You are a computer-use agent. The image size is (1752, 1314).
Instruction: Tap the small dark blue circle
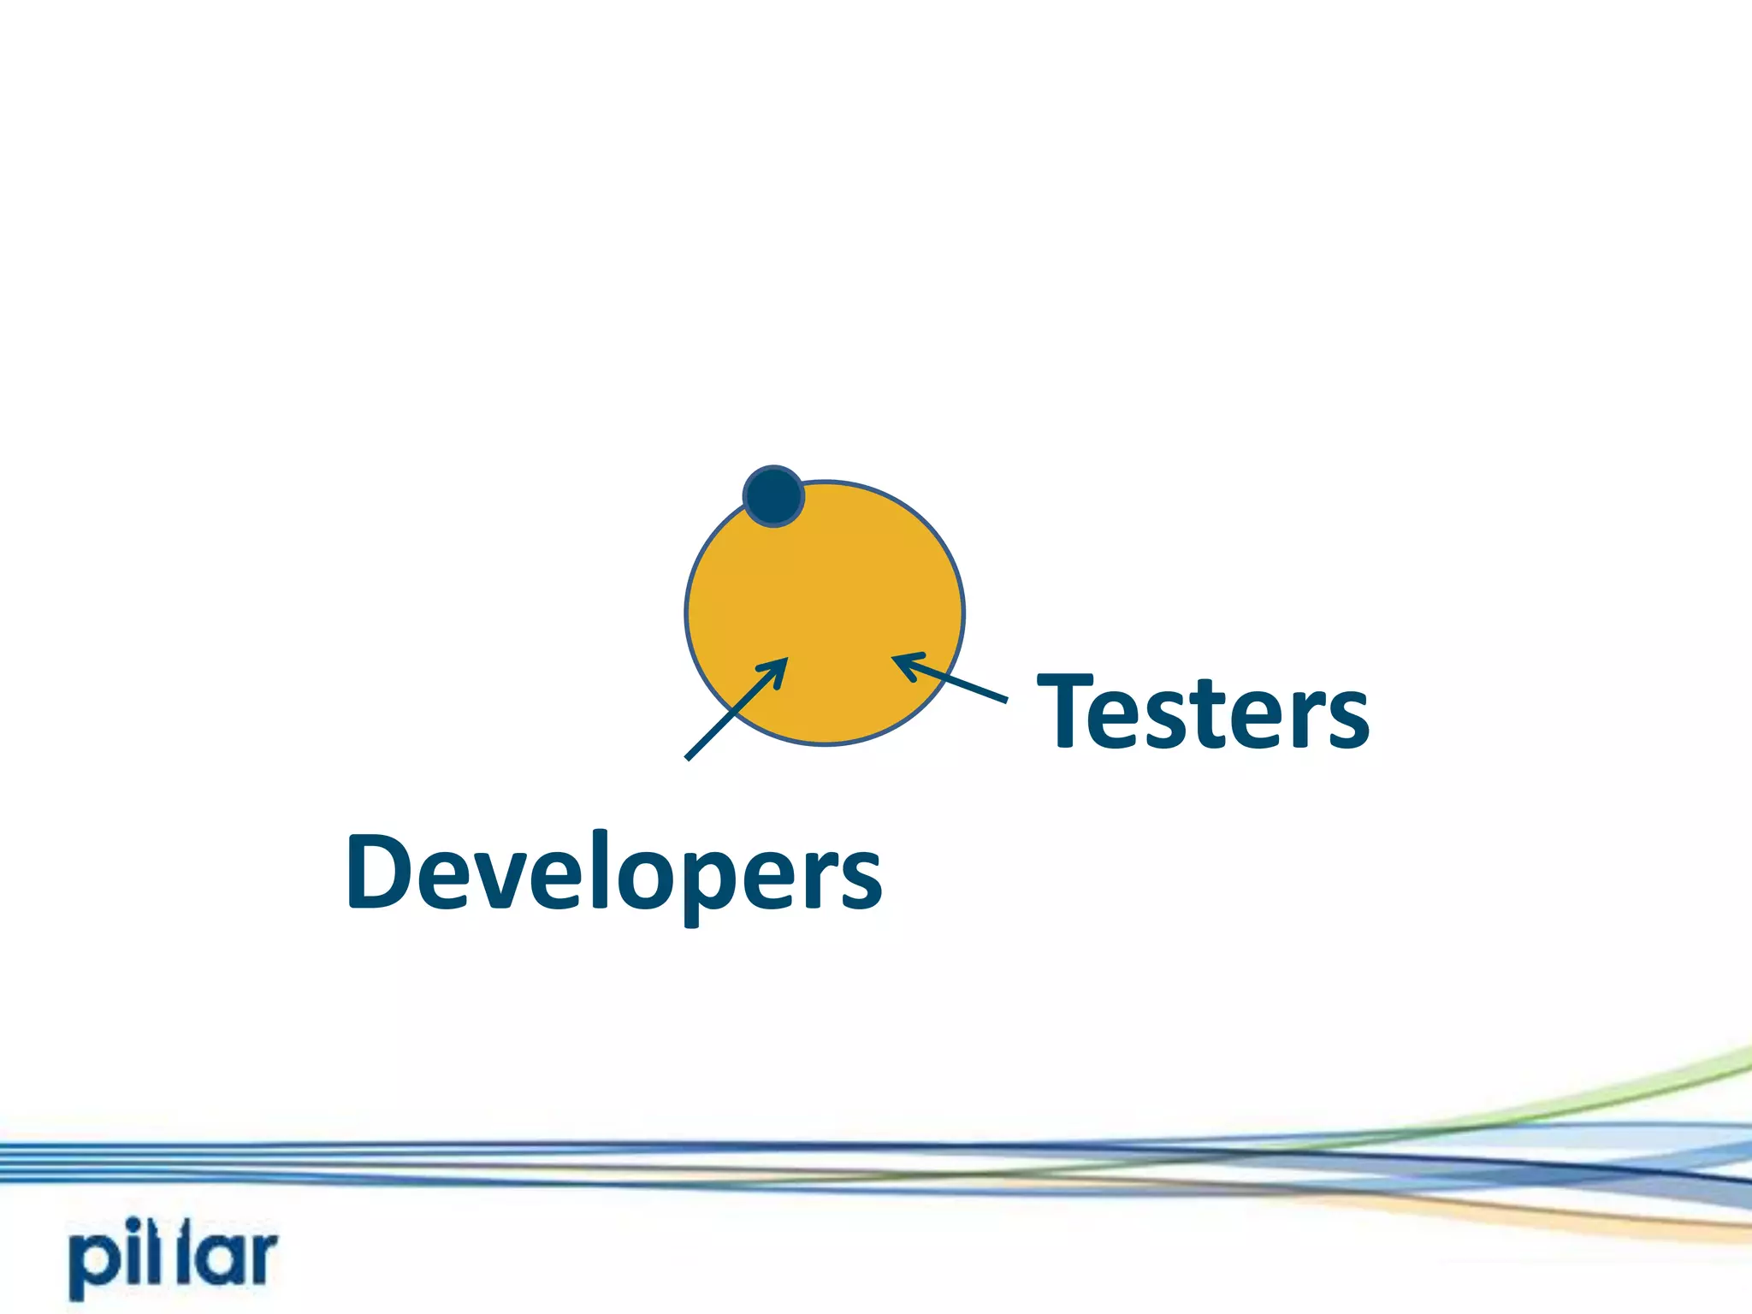coord(773,496)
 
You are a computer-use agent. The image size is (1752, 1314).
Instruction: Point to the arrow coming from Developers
coord(736,709)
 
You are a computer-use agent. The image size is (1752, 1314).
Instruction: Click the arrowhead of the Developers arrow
coord(778,666)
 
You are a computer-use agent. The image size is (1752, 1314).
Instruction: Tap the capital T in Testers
coord(1065,710)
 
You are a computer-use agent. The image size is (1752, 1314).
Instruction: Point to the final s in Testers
coord(1343,719)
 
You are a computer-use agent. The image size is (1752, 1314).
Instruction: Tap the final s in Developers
coord(858,880)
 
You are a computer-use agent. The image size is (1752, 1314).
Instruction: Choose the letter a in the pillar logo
coord(212,1258)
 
